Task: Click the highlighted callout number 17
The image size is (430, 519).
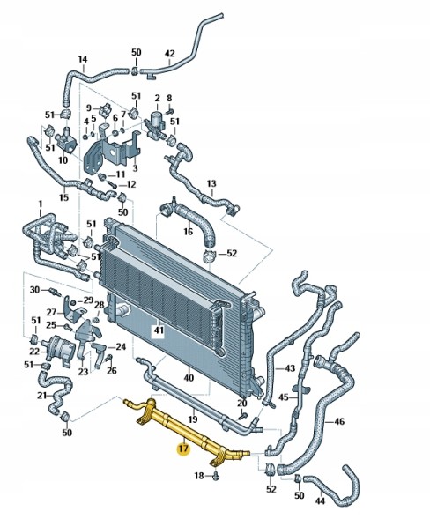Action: (183, 449)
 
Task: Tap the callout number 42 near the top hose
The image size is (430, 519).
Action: (169, 53)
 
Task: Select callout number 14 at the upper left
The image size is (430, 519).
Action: (83, 59)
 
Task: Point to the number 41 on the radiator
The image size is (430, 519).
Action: (159, 330)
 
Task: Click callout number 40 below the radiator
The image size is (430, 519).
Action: (189, 377)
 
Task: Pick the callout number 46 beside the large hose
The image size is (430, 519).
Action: (339, 421)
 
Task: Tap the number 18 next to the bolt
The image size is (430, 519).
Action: (199, 476)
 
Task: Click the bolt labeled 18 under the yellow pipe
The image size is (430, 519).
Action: (215, 477)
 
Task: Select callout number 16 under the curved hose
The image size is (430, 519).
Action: (188, 231)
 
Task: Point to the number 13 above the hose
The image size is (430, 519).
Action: (211, 183)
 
